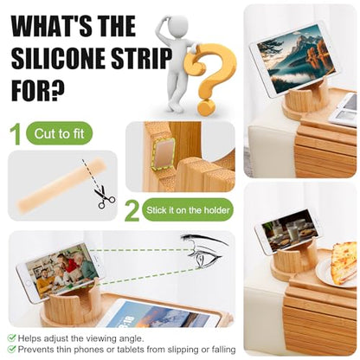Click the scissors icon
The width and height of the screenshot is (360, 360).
(x=105, y=197)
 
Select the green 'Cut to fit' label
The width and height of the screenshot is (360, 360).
(x=59, y=133)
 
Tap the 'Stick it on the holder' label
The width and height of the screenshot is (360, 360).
(x=188, y=210)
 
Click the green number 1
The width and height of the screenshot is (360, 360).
(x=16, y=134)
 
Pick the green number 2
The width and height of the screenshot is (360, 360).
(x=132, y=211)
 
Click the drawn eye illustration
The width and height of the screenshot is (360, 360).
(x=202, y=250)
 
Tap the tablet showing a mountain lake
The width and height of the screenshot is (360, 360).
(x=293, y=60)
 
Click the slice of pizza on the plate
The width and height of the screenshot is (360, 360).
(x=344, y=262)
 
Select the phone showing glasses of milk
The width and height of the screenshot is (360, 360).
(x=287, y=232)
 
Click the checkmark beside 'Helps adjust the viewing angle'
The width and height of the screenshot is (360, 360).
(x=11, y=338)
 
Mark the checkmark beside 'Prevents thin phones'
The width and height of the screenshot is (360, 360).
(x=11, y=350)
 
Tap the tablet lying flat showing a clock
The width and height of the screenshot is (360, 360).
(x=162, y=314)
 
